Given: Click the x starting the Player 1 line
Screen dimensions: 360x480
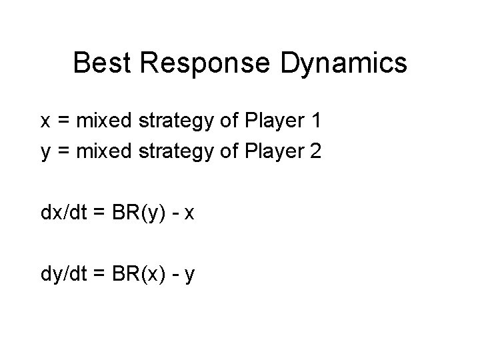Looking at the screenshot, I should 45,121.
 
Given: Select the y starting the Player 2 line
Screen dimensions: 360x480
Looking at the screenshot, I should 45,153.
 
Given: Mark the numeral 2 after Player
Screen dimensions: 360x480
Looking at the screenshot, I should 316,151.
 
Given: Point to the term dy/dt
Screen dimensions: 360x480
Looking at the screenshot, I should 63,275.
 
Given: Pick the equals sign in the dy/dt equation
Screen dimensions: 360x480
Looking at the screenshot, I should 99,275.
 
